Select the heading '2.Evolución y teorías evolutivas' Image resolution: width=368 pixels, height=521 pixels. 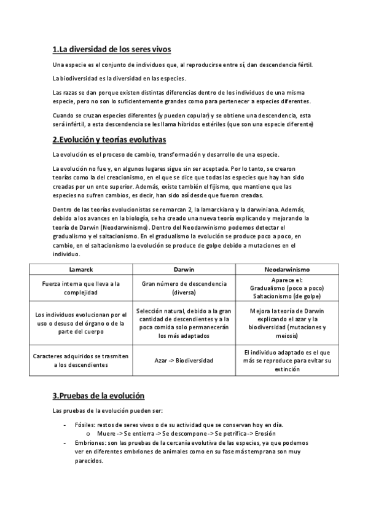coord(109,139)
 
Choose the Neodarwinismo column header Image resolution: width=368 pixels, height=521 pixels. coord(287,269)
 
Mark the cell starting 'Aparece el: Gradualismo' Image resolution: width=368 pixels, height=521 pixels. coord(287,288)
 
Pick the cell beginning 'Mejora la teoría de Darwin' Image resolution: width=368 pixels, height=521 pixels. coord(287,323)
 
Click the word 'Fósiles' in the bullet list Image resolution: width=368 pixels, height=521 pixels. coord(84,425)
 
